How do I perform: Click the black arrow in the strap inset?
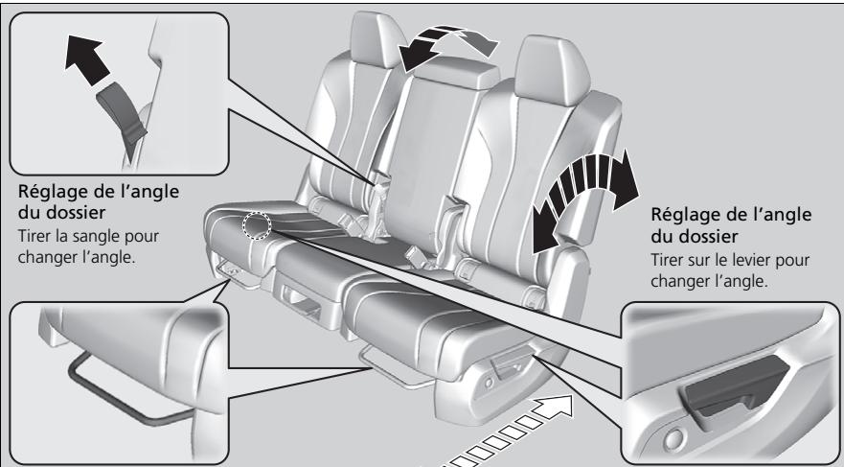point(86,58)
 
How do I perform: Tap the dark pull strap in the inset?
point(122,113)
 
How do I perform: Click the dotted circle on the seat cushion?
point(257,224)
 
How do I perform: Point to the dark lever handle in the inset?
point(736,388)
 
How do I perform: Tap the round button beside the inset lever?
point(673,440)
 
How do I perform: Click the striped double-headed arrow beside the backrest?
point(585,198)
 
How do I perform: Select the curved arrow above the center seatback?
point(445,45)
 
